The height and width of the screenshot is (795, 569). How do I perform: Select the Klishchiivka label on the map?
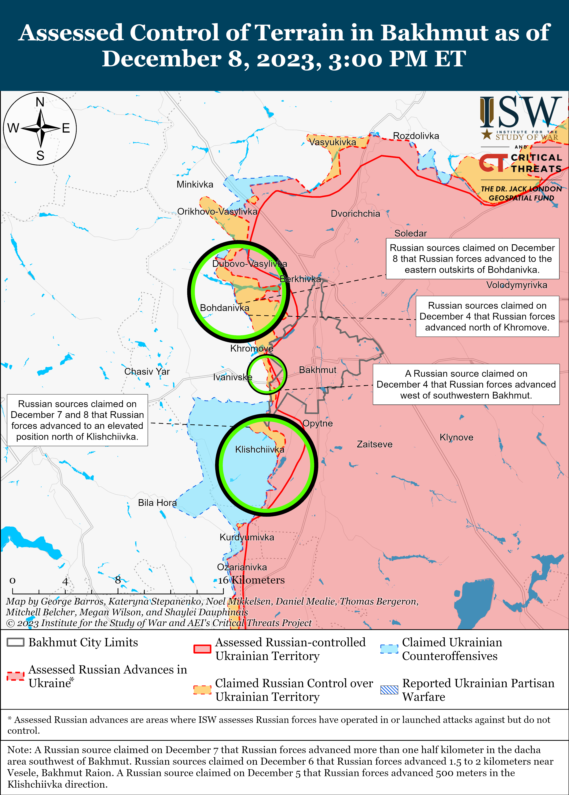click(x=260, y=449)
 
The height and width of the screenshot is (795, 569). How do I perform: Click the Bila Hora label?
click(x=157, y=503)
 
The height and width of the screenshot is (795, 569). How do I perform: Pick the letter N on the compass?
click(x=40, y=102)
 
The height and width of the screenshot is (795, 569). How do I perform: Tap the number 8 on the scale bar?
click(x=118, y=580)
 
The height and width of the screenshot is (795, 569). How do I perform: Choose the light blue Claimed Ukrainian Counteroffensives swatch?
click(x=389, y=649)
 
